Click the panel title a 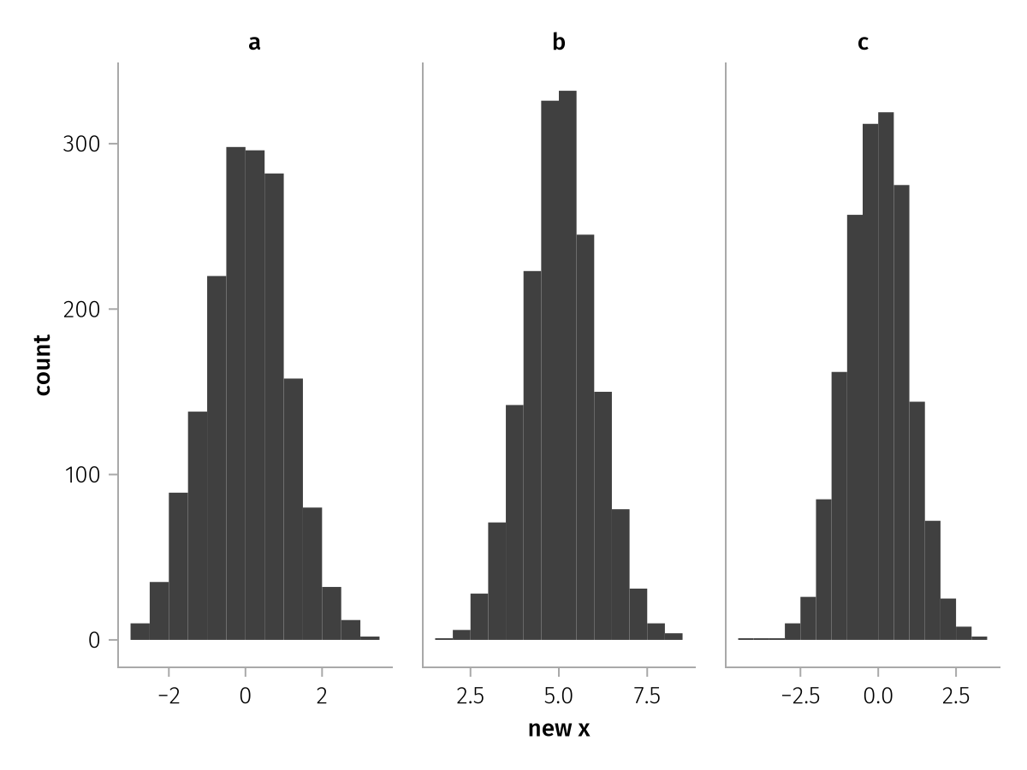[x=254, y=43]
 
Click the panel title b [x=559, y=43]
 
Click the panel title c [x=863, y=43]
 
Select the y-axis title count [x=43, y=364]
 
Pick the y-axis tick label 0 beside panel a [x=93, y=640]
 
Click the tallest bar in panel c [x=886, y=376]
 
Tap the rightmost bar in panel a [x=370, y=638]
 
